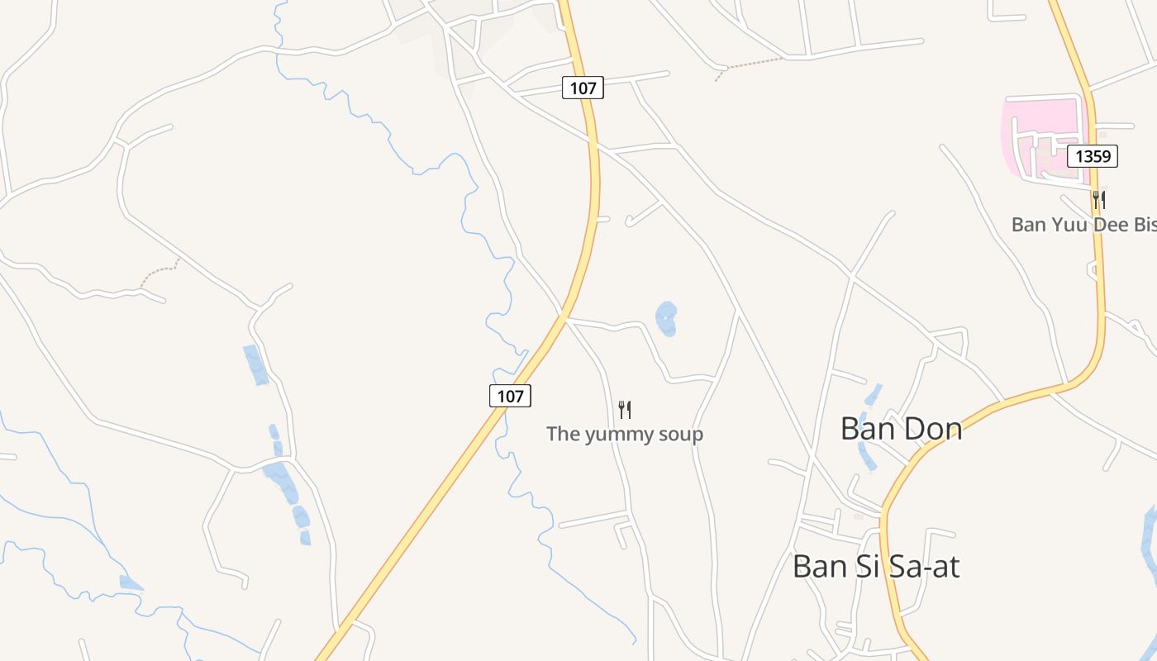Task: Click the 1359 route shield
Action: click(x=1092, y=155)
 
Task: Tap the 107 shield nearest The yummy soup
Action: click(x=510, y=396)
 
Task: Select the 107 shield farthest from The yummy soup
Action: click(x=583, y=88)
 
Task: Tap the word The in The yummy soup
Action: click(x=564, y=434)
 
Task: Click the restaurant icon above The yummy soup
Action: click(x=625, y=409)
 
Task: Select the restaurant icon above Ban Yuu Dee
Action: click(x=1098, y=199)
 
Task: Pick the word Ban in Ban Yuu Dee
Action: click(x=1029, y=225)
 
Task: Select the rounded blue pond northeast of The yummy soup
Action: click(x=666, y=319)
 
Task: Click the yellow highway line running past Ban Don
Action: click(x=950, y=430)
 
